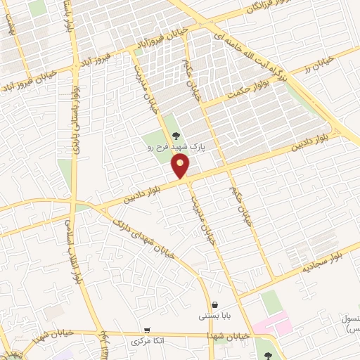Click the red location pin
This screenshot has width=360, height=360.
[181, 166]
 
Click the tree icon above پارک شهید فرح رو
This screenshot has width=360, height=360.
[176, 136]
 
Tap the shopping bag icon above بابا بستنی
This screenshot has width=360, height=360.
[213, 304]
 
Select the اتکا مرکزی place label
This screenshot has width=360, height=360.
[148, 341]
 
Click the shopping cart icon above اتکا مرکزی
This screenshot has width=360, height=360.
[146, 330]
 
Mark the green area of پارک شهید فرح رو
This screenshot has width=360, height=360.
[158, 130]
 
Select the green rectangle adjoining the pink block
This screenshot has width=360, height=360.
[271, 302]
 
